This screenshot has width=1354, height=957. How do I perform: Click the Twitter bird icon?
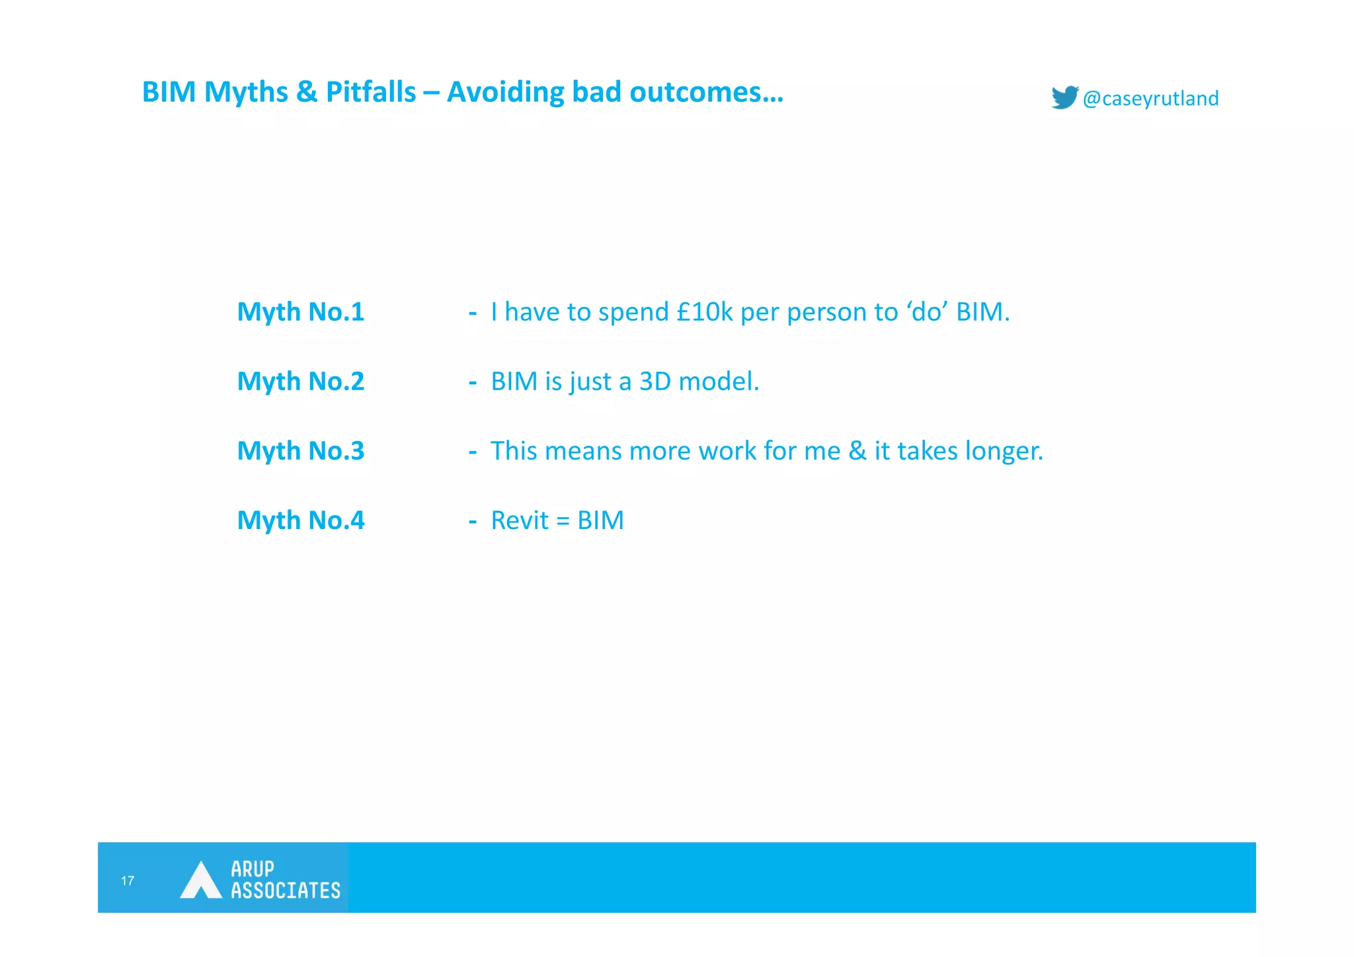(1064, 98)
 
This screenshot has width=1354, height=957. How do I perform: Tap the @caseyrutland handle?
(1150, 99)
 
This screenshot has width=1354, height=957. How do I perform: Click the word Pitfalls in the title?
(371, 92)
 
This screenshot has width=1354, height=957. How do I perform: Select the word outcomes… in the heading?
(706, 92)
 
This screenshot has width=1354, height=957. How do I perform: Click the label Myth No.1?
(301, 312)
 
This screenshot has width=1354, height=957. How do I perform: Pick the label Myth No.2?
(301, 381)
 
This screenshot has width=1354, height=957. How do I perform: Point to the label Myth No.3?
(301, 450)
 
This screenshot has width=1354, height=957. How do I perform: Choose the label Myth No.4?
(301, 520)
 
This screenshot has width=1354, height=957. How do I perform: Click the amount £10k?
(705, 312)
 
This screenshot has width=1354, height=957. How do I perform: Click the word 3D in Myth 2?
(655, 381)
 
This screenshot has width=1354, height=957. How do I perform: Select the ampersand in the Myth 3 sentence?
(857, 450)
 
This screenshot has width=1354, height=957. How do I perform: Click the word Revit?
(520, 520)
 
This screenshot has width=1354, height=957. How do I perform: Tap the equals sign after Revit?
(563, 521)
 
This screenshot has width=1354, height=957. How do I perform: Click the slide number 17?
(128, 880)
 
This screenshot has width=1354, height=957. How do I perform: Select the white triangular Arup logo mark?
(200, 880)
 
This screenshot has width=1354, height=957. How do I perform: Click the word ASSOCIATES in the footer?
(286, 890)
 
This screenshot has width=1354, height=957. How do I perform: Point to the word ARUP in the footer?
(253, 868)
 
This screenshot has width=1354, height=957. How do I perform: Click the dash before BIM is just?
(473, 382)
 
